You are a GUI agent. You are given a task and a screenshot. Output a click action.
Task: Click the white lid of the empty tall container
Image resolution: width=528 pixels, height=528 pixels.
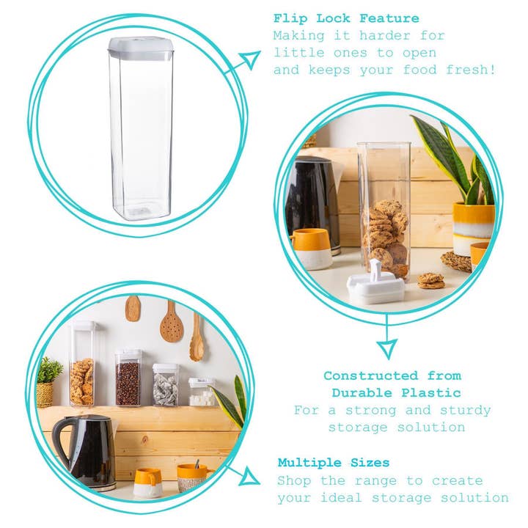point(140,48)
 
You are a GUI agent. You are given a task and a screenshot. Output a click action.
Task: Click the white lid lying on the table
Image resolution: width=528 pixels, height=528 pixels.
point(375,285)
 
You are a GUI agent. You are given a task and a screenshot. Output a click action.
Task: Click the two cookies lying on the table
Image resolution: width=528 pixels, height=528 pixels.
point(430,280)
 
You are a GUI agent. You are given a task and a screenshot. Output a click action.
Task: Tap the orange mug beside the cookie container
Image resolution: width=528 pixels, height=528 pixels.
point(311,249)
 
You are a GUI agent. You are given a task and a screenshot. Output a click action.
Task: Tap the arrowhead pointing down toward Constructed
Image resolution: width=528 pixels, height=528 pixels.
point(386,348)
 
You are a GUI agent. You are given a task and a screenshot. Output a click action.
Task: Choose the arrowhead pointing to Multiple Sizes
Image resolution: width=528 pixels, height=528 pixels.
point(248,478)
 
